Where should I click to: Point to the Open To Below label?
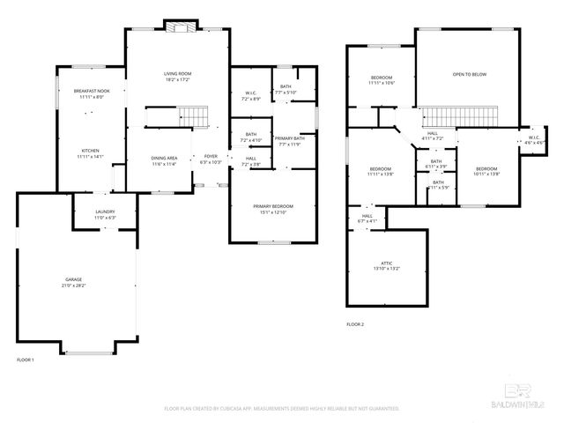tap(469, 75)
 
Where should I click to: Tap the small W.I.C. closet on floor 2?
tap(535, 139)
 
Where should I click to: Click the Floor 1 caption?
tap(26, 360)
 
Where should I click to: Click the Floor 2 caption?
tap(355, 324)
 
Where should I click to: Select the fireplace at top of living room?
tap(182, 26)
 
